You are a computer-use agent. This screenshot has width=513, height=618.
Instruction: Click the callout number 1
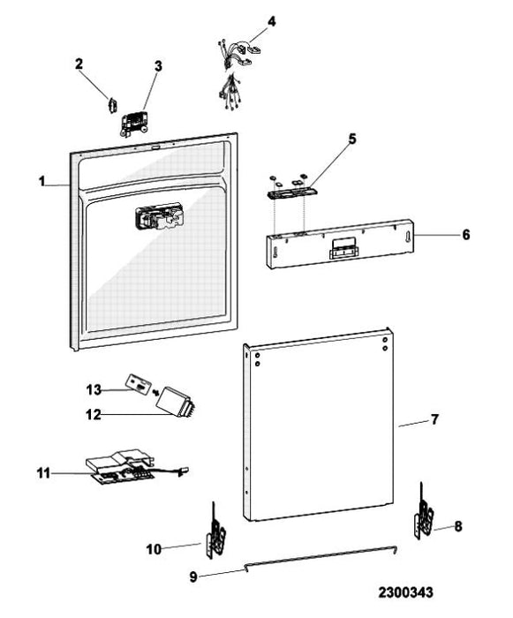click(x=41, y=181)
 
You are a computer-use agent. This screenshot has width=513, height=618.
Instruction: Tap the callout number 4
click(x=271, y=21)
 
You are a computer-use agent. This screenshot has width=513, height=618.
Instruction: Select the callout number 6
click(x=466, y=235)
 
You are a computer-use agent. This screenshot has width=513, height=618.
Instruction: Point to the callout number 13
click(x=94, y=390)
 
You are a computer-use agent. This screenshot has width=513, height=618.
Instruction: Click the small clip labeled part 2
click(x=113, y=105)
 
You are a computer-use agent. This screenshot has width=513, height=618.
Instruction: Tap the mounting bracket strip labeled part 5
click(x=291, y=192)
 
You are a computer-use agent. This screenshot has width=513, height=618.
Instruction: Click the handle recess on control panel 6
click(x=344, y=250)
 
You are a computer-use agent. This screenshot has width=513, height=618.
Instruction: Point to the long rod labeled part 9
click(x=321, y=556)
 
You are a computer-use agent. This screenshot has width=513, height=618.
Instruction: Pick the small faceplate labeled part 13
click(x=139, y=384)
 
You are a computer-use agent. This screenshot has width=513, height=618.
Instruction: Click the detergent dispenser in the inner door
click(x=159, y=217)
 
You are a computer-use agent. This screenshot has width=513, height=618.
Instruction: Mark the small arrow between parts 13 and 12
click(x=155, y=392)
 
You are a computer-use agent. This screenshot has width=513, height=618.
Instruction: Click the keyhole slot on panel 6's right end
click(x=406, y=237)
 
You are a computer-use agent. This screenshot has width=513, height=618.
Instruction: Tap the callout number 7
click(x=434, y=419)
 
